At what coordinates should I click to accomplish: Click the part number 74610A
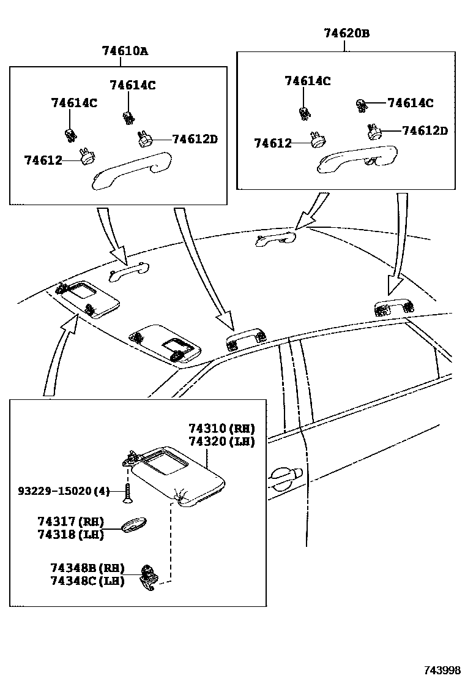point(125,52)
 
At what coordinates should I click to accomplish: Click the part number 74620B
point(346,34)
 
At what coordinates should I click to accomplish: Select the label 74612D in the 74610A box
point(195,140)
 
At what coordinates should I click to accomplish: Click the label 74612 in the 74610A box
point(43,160)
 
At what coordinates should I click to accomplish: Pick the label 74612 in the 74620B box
point(273,143)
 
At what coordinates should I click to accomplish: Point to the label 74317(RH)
point(70,522)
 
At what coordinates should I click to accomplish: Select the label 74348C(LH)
point(87,581)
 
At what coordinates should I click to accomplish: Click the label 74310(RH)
point(221,428)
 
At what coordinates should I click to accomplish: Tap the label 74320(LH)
point(221,441)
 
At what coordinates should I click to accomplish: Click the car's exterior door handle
point(285,475)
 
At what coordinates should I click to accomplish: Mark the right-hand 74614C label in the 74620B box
point(410,103)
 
